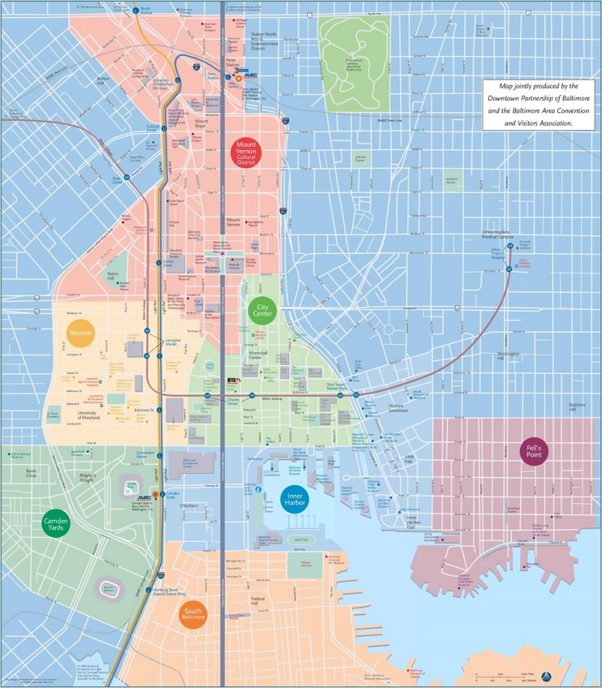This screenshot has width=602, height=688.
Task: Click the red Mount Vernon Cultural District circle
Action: pos(246,153)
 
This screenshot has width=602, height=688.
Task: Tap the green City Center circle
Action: pos(262,309)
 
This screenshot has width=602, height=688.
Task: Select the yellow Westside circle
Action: pos(81,333)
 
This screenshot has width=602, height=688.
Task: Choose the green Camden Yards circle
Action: pos(56,523)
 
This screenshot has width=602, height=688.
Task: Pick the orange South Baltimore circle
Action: pos(193,614)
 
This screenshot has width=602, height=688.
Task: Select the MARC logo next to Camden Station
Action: pos(144,498)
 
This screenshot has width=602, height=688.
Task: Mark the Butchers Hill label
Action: pos(577,407)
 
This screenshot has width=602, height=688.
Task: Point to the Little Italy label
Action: pos(410,460)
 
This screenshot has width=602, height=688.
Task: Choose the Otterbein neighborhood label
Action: pos(188,505)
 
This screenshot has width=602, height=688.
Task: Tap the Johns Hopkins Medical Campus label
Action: pos(498,234)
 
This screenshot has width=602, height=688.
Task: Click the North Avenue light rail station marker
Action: pos(135,11)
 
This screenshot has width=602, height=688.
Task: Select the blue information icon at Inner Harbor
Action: pos(257,489)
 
